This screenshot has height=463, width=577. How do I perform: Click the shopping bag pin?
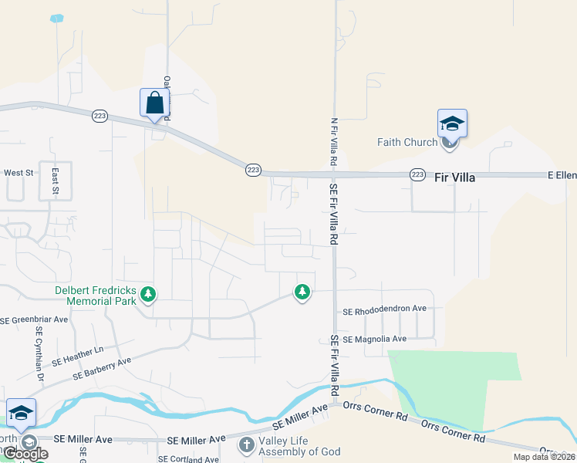pyautogui.click(x=154, y=103)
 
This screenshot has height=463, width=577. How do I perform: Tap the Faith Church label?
pyautogui.click(x=407, y=142)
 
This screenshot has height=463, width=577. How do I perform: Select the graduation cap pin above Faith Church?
pyautogui.click(x=452, y=123)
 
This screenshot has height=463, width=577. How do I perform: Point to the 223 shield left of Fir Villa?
pyautogui.click(x=417, y=175)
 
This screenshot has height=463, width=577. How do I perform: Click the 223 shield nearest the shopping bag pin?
pyautogui.click(x=99, y=115)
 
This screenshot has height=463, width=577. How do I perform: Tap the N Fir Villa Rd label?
pyautogui.click(x=334, y=143)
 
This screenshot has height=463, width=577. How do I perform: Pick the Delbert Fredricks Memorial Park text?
pyautogui.click(x=96, y=296)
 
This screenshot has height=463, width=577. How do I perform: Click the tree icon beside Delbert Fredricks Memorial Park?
pyautogui.click(x=148, y=294)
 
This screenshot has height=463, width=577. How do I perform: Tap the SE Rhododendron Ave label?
pyautogui.click(x=384, y=309)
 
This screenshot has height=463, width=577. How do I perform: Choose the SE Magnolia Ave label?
pyautogui.click(x=374, y=339)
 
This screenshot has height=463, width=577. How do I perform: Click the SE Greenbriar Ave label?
pyautogui.click(x=35, y=319)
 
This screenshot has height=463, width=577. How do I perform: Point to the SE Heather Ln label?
pyautogui.click(x=78, y=356)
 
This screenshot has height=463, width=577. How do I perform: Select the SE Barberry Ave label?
pyautogui.click(x=102, y=368)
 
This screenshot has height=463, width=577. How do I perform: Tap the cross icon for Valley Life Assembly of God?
pyautogui.click(x=246, y=444)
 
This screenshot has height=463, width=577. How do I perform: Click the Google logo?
pyautogui.click(x=25, y=454)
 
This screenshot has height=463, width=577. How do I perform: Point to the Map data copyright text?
pyautogui.click(x=545, y=457)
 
